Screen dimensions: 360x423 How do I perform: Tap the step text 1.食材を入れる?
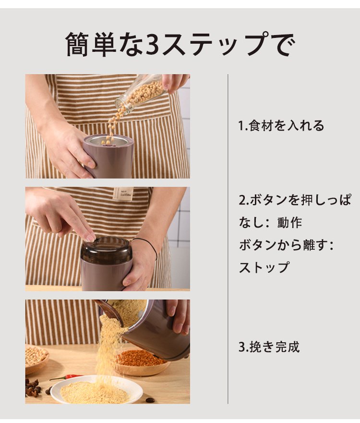coord(281,126)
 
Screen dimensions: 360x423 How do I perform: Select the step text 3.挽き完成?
coord(269,347)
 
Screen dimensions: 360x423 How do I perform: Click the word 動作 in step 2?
coord(289,223)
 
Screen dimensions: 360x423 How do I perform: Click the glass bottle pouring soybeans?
coord(140,93)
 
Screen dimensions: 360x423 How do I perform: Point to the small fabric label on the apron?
coord(123,193)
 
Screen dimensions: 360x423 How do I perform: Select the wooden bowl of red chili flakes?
coord(142,362)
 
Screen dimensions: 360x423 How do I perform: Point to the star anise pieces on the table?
coord(33,387)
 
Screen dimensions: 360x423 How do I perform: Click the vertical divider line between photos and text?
coord(228,239)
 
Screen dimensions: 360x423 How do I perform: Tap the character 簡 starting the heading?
coord(77,44)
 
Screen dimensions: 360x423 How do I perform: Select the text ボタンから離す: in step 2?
coord(287,245)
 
